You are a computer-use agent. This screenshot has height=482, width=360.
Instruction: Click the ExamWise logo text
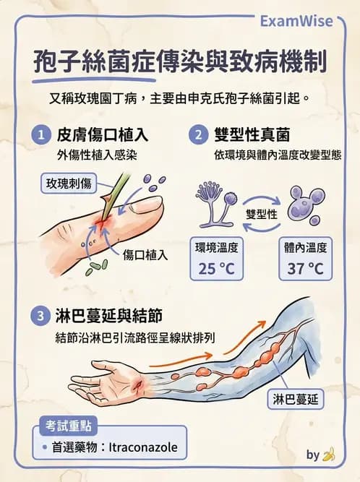(x=297, y=21)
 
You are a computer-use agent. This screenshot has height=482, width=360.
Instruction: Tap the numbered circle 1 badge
(x=41, y=134)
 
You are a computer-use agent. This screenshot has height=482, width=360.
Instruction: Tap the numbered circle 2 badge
(x=197, y=134)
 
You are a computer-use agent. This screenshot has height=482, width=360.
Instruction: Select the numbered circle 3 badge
(x=40, y=316)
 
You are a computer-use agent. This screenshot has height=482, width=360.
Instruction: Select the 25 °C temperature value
(x=216, y=269)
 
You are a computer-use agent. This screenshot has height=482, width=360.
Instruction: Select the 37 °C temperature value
(x=306, y=269)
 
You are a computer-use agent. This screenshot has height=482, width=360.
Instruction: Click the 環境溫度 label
(x=216, y=248)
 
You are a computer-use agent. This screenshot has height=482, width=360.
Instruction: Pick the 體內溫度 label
(x=306, y=248)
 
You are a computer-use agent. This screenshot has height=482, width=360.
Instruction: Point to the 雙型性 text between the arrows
(x=262, y=215)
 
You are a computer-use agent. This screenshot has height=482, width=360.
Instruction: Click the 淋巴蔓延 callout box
(x=298, y=398)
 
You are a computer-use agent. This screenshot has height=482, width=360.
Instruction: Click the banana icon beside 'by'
(x=330, y=455)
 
